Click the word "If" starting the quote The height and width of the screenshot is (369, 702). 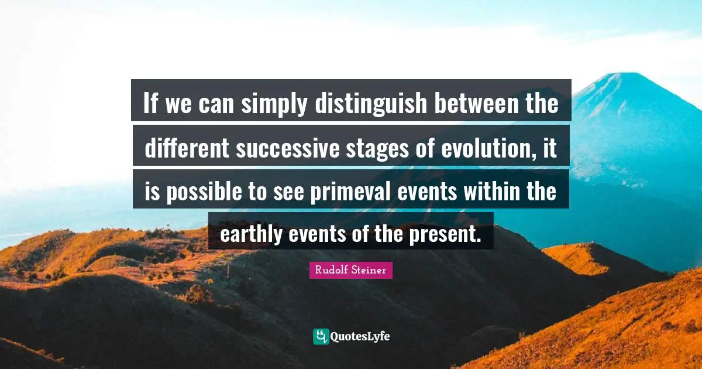(x=151, y=105)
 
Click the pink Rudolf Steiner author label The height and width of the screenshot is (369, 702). (x=351, y=270)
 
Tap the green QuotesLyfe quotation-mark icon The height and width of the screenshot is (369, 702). (x=321, y=336)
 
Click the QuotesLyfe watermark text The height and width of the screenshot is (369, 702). (x=360, y=336)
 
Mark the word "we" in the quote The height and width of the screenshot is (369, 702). (x=179, y=106)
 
